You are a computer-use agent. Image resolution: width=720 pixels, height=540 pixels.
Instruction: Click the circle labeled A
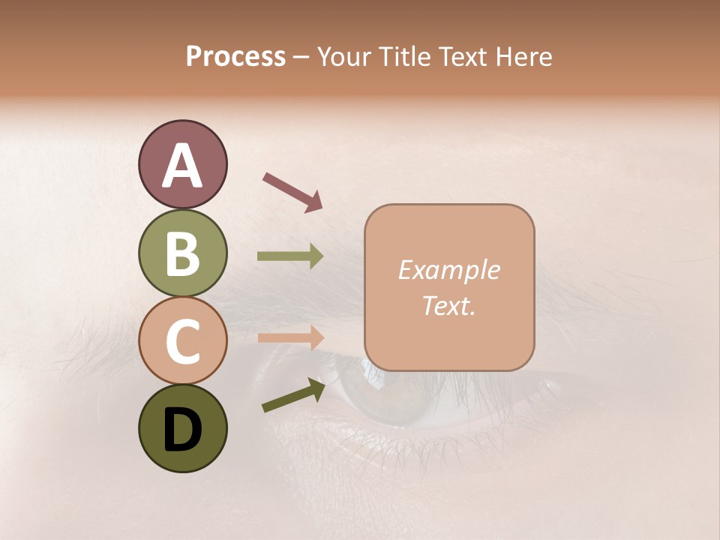(x=182, y=164)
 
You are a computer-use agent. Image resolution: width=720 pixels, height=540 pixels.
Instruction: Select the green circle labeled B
(x=182, y=253)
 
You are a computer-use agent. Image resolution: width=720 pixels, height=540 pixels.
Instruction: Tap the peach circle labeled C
(x=182, y=340)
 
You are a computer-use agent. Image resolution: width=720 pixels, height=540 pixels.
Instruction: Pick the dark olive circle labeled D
(x=182, y=428)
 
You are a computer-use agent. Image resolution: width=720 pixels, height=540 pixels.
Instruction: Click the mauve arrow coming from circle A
(x=292, y=190)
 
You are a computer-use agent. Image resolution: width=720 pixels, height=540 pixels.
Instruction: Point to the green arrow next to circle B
(x=290, y=256)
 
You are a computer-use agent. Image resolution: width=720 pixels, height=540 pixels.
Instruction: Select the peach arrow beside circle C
(x=290, y=337)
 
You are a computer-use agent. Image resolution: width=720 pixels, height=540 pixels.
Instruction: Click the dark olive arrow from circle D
(x=293, y=395)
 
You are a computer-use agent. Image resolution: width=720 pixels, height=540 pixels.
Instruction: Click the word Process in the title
(x=235, y=56)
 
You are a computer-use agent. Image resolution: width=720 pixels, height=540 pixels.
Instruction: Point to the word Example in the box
(x=449, y=270)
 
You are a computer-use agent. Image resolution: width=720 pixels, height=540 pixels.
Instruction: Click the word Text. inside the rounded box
(x=449, y=306)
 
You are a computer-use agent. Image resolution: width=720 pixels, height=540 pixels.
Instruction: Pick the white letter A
(x=182, y=166)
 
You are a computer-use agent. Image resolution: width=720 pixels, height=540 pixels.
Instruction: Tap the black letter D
(x=182, y=430)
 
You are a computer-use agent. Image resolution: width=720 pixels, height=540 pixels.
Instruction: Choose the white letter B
(x=182, y=253)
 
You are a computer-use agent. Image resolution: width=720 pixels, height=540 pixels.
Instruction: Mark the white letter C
(x=182, y=341)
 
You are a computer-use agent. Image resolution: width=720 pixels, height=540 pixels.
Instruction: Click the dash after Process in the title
(x=301, y=58)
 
